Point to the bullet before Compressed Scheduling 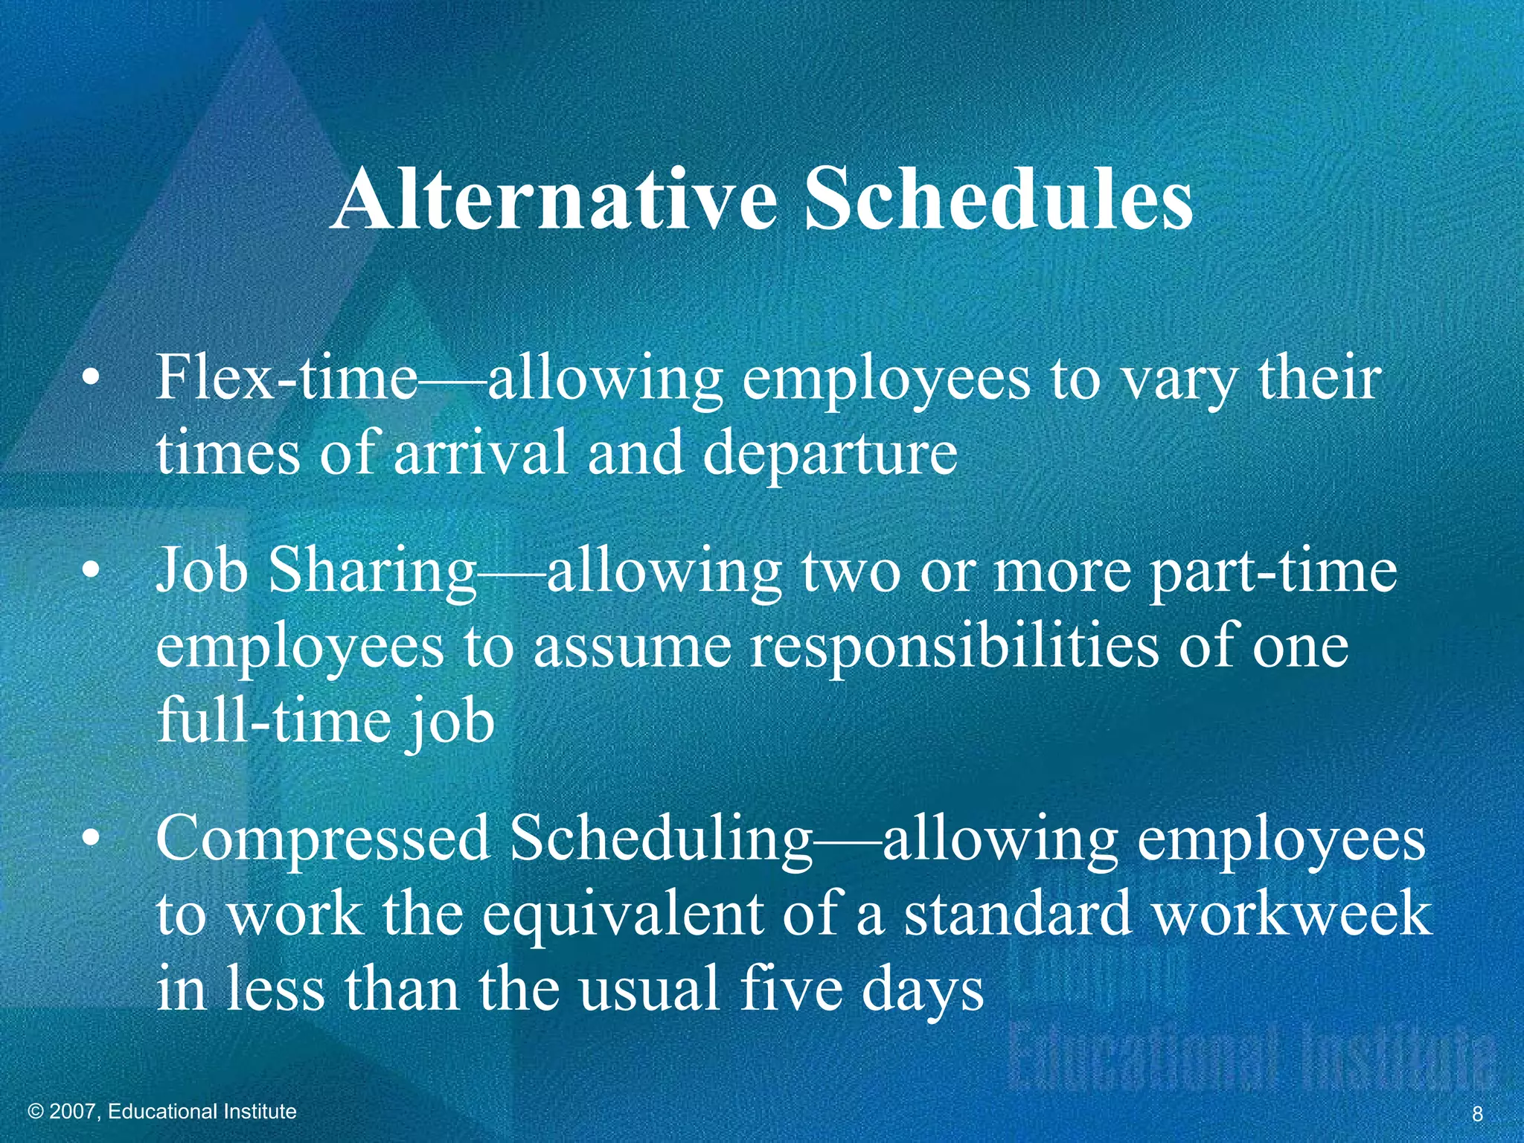coord(90,839)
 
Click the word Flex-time coord(286,378)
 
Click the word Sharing coord(372,573)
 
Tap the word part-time coord(1273,573)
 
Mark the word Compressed coord(321,839)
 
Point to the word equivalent coord(622,915)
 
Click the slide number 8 coord(1477,1114)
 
